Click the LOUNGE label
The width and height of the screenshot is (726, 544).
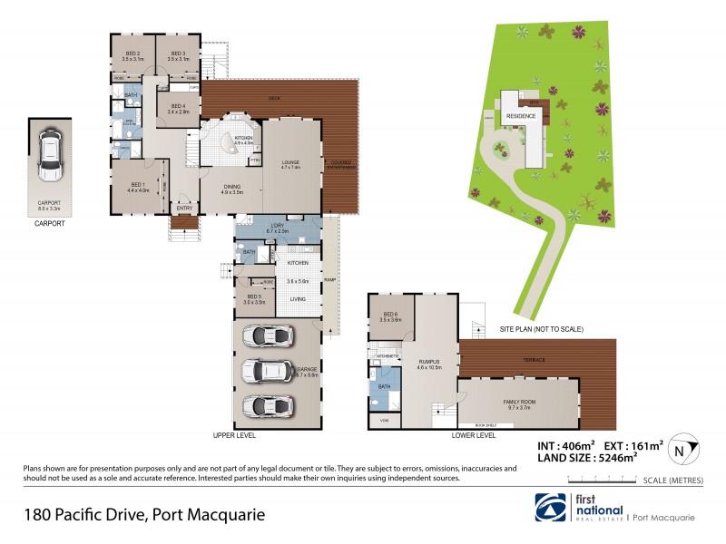point(290,164)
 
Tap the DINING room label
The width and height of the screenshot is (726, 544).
point(232,189)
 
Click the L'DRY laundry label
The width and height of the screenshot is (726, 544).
point(278,228)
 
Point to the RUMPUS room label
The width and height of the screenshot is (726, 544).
point(428,364)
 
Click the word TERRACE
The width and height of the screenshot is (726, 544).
point(535,360)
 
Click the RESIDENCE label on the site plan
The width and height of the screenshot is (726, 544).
point(521,116)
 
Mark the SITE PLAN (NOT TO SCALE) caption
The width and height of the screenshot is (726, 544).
point(541,329)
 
